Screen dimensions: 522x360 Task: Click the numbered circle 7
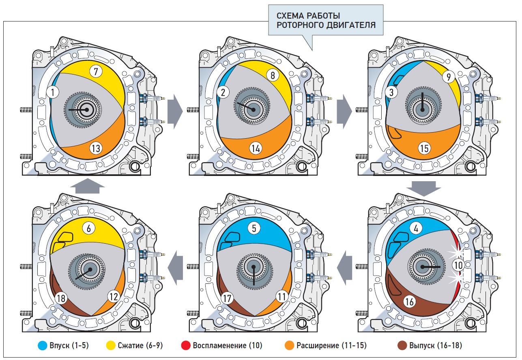(96, 71)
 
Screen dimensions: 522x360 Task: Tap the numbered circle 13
(96, 148)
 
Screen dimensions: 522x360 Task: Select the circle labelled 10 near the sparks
(458, 265)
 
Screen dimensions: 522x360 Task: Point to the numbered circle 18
(61, 298)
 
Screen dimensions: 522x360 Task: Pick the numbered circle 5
(254, 228)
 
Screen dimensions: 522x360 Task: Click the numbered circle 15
(424, 148)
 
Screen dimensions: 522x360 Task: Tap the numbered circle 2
(223, 92)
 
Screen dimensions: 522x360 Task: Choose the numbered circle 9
(448, 77)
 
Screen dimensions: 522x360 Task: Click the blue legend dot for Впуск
(43, 345)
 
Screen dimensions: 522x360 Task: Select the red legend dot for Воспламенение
(186, 345)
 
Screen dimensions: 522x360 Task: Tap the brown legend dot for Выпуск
(402, 345)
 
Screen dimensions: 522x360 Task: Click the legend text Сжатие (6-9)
(140, 345)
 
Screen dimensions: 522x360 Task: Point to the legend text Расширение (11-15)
(331, 345)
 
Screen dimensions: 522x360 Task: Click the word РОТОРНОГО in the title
(299, 25)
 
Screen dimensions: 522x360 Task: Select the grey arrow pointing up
(88, 186)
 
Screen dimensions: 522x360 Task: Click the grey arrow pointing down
(424, 189)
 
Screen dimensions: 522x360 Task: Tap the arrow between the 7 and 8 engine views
(175, 111)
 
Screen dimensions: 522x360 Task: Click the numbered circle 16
(409, 302)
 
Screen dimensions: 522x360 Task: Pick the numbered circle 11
(282, 297)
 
